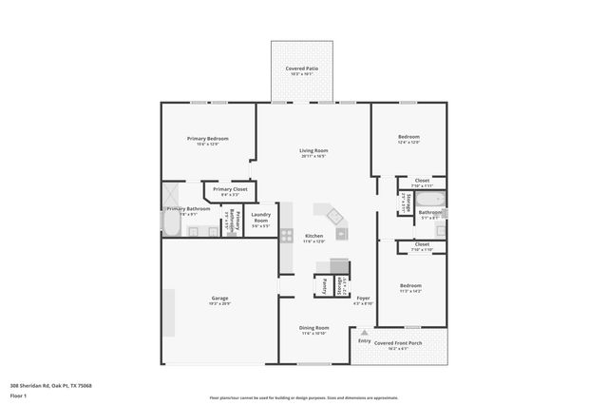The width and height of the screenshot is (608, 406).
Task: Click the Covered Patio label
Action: pos(302,68)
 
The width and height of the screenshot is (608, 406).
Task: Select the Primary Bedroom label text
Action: pos(207,139)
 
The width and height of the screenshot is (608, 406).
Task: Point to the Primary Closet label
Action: pos(230,189)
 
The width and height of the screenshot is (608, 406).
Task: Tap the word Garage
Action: pos(219,299)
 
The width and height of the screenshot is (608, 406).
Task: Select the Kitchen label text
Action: pos(313,236)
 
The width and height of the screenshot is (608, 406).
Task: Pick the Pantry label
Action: pos(324,285)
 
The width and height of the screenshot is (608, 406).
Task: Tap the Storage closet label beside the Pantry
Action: pos(339,286)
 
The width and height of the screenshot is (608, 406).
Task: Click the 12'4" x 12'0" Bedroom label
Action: pos(408,137)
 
